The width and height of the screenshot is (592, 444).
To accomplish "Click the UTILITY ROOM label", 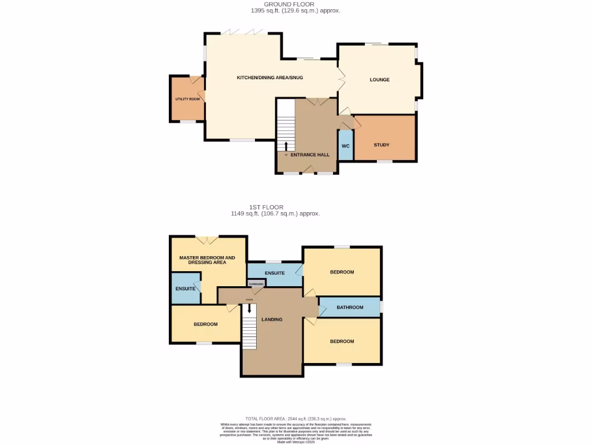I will pyautogui.click(x=187, y=99).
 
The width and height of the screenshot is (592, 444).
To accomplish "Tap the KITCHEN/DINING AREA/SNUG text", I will pyautogui.click(x=269, y=77).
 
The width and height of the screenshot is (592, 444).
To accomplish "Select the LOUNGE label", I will pyautogui.click(x=379, y=80).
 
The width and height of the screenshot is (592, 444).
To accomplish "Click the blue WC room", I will pyautogui.click(x=345, y=146).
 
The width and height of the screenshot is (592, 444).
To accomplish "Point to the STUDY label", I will pyautogui.click(x=381, y=145).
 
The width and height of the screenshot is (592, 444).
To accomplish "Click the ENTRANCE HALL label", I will pyautogui.click(x=310, y=155).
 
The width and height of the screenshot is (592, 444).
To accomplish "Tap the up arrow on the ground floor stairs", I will pyautogui.click(x=286, y=145).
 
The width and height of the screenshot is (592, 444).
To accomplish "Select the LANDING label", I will pyautogui.click(x=272, y=319).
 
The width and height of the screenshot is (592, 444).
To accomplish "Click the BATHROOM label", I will pyautogui.click(x=350, y=308).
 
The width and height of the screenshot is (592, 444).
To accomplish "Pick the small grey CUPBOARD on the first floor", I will pyautogui.click(x=256, y=284).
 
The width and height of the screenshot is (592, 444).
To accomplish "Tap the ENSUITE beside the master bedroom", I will pyautogui.click(x=185, y=288).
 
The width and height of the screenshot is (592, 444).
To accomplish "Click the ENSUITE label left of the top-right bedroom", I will pyautogui.click(x=274, y=273).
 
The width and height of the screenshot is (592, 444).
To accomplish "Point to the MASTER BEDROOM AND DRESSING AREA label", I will pyautogui.click(x=207, y=260).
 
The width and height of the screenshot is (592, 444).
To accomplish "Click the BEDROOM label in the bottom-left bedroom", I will pyautogui.click(x=205, y=324).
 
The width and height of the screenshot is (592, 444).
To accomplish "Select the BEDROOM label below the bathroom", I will pyautogui.click(x=342, y=341).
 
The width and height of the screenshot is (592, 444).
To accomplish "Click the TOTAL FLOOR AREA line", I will pyautogui.click(x=295, y=419).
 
